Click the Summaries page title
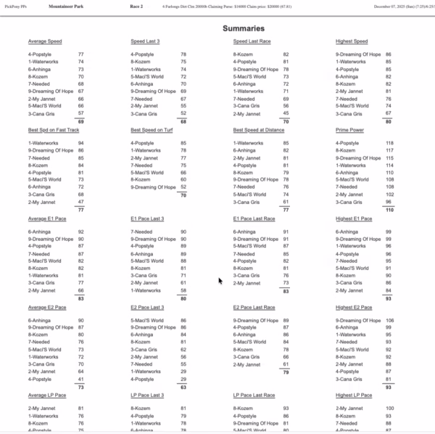[x=243, y=28]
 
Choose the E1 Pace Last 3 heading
[x=147, y=218]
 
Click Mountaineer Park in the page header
[x=65, y=6]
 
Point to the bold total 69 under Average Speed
[x=81, y=121]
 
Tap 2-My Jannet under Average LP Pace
[x=42, y=409]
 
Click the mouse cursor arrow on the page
[x=220, y=281]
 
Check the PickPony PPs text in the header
[x=17, y=6]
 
